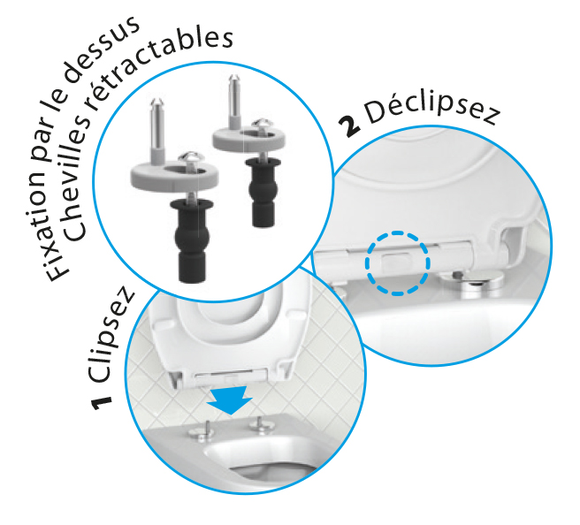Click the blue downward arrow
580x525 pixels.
(x=229, y=399)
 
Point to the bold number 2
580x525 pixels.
(x=348, y=126)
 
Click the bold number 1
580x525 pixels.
(x=102, y=403)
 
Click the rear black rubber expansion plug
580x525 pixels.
(x=263, y=193)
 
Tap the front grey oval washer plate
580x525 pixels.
(x=174, y=177)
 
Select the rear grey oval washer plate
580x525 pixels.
(x=248, y=138)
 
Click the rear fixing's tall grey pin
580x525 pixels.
(x=234, y=101)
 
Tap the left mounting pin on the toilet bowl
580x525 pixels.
(x=202, y=431)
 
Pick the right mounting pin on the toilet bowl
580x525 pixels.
(x=261, y=424)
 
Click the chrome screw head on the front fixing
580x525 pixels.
(x=191, y=158)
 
